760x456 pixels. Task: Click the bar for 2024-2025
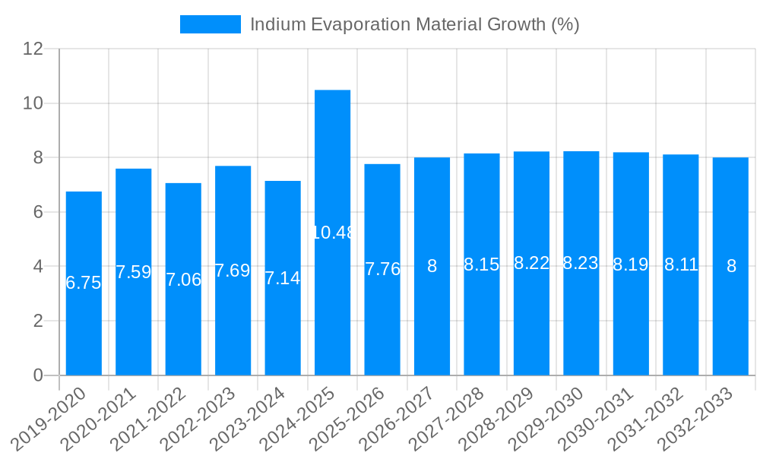click(x=332, y=233)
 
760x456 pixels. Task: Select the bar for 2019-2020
click(x=84, y=283)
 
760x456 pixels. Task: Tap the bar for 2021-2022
click(x=183, y=279)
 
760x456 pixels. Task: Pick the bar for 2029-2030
click(x=581, y=263)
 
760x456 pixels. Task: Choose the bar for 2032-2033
click(x=730, y=266)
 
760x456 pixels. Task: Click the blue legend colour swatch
click(x=210, y=24)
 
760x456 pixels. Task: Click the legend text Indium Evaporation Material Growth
click(x=414, y=24)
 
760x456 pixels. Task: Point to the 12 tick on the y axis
click(x=33, y=49)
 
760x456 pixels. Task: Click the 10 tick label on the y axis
click(x=33, y=103)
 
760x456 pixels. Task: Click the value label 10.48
click(x=333, y=233)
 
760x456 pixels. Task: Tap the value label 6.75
click(x=84, y=283)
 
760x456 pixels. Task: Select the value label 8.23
click(x=581, y=263)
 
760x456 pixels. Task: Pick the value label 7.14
click(x=283, y=278)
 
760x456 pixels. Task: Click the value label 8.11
click(x=680, y=264)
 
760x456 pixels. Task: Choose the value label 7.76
click(x=382, y=269)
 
